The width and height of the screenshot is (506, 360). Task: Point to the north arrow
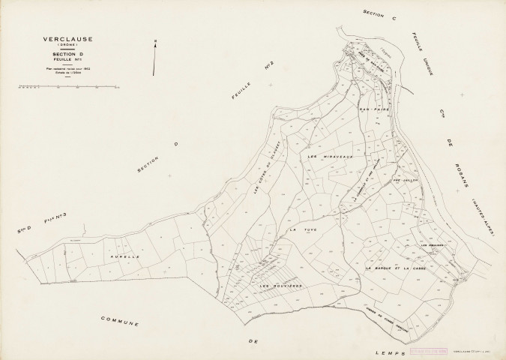pos(154,58)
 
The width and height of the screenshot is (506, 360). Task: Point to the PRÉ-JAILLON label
pos(404,181)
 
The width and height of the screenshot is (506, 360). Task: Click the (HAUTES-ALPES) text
pos(484,218)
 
